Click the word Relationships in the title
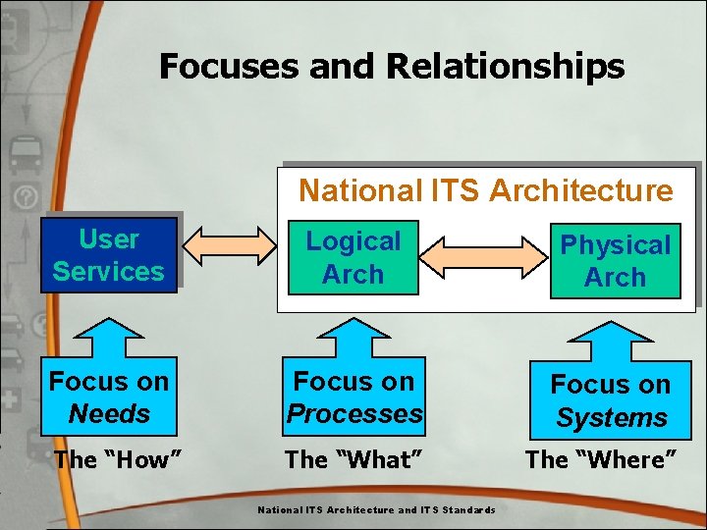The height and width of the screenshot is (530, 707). pos(505,66)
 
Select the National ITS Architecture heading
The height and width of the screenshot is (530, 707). pos(486,189)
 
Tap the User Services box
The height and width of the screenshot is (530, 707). pos(108,255)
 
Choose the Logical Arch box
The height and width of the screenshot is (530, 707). pos(353,258)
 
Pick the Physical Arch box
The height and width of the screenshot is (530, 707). pos(615,261)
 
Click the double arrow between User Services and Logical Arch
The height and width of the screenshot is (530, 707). pos(232,246)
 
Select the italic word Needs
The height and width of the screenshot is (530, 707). pos(109,414)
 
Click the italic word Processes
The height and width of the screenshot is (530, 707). pos(353,414)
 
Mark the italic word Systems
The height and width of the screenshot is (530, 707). pos(611,418)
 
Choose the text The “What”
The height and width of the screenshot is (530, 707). pos(353,458)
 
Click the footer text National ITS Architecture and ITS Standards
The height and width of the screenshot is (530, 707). pos(376,509)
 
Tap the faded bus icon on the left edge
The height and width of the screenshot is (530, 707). pos(23,155)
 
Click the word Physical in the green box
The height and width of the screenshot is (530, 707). pos(615,244)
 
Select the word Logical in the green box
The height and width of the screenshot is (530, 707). pos(353,241)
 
